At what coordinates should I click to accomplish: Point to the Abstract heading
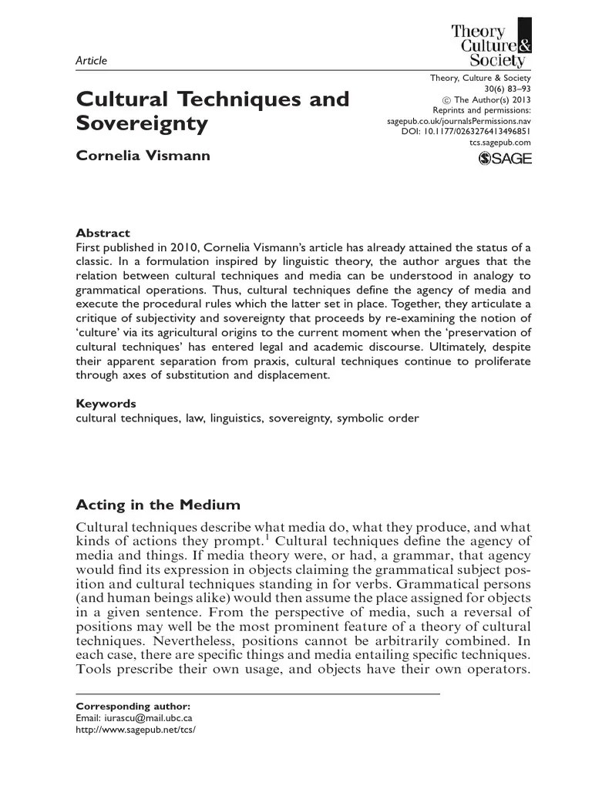103,233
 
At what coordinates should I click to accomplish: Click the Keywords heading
106,403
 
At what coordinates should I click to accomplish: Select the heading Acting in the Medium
158,505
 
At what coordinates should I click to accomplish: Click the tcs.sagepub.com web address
499,143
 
